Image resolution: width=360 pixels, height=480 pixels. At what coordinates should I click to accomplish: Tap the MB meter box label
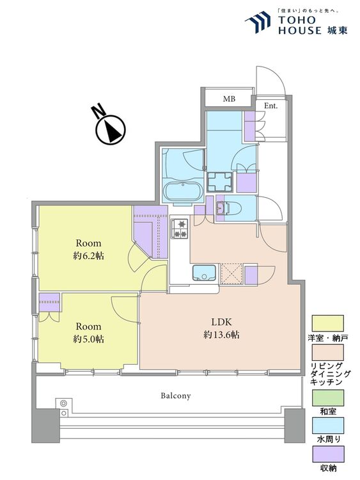229,99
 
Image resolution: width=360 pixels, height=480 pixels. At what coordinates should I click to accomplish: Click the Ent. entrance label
270,106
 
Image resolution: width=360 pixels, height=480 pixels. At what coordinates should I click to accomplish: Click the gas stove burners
180,228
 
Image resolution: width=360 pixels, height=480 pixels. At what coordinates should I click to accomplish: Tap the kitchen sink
204,273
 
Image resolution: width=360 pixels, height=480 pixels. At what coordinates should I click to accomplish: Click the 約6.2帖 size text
88,256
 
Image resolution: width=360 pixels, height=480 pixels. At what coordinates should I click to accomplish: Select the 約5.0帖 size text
88,339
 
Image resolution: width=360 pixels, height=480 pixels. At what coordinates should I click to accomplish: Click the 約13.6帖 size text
221,335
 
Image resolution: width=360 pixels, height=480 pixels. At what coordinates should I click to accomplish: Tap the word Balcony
176,396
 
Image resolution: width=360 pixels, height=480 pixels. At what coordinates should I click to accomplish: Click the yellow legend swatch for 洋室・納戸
327,323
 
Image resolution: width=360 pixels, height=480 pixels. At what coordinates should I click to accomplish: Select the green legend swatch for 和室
327,397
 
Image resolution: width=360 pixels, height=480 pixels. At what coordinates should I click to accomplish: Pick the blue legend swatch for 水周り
327,426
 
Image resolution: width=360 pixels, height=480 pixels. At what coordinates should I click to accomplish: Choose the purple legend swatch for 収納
327,454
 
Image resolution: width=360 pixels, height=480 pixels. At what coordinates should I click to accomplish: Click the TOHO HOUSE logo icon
258,22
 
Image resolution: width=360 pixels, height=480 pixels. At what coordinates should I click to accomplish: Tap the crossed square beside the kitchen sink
231,274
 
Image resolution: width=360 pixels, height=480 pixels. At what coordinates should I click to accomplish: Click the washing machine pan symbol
219,182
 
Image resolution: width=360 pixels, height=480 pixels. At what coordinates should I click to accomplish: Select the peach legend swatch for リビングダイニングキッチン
327,353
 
